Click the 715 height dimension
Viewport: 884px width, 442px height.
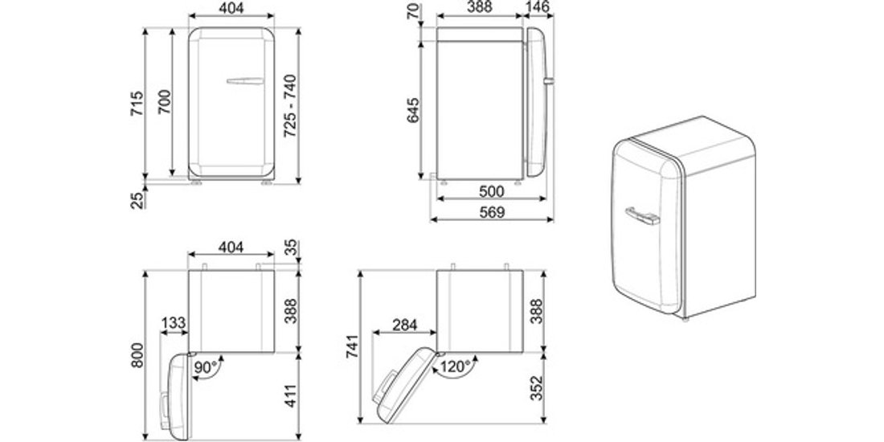tap(137, 104)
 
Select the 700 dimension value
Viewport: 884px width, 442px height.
tap(164, 102)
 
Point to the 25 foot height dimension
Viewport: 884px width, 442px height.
tap(137, 199)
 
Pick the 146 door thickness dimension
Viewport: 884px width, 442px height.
tap(539, 6)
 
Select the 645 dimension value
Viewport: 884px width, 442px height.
tap(413, 111)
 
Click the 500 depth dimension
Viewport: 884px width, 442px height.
tap(491, 192)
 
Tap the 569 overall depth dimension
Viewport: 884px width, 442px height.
tap(491, 212)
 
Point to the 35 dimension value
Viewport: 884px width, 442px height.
tap(290, 248)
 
